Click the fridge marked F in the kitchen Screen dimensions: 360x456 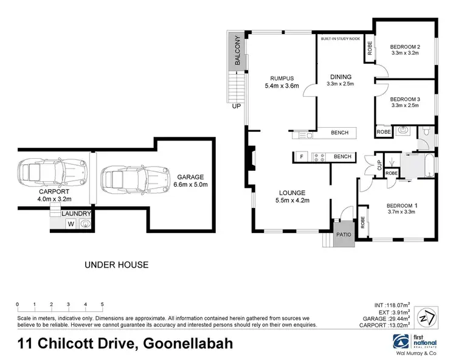[x=301, y=157]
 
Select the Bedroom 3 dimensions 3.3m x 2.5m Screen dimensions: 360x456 [x=406, y=106]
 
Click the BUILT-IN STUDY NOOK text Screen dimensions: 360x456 [x=340, y=38]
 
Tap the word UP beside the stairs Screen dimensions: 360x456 [x=236, y=105]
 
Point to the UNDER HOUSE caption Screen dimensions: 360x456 [x=116, y=265]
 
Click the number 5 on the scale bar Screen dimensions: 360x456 [x=102, y=305]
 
